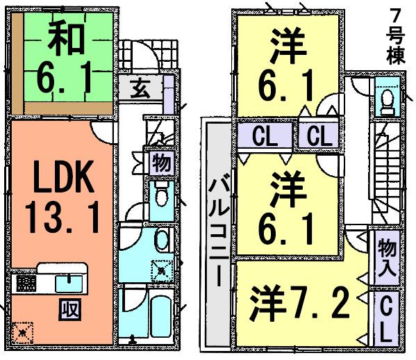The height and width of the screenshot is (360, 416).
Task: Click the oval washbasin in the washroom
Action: pyautogui.click(x=161, y=240)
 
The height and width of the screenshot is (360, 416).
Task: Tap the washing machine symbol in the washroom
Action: pyautogui.click(x=161, y=268)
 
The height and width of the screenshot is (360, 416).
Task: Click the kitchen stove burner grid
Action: pyautogui.click(x=26, y=284)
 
